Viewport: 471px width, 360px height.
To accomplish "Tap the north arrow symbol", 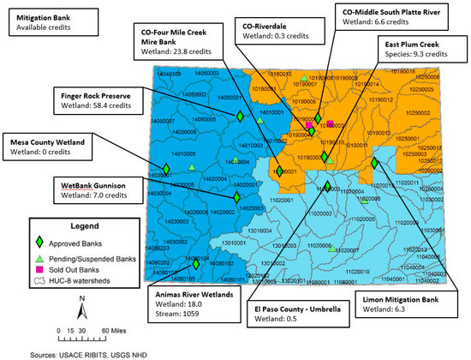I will (80, 305).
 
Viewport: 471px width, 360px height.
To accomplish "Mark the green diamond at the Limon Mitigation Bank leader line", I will (374, 162).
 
